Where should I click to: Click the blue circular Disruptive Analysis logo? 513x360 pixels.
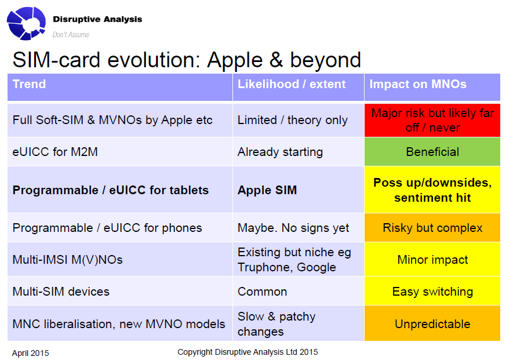click(x=26, y=23)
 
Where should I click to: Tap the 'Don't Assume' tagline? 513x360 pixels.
click(x=71, y=35)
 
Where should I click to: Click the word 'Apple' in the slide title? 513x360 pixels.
click(x=235, y=60)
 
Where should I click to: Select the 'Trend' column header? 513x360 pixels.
click(x=120, y=87)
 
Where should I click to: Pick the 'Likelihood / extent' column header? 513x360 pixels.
click(x=299, y=87)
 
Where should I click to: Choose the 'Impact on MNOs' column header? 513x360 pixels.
click(x=432, y=87)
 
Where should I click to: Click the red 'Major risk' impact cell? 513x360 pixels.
click(x=432, y=120)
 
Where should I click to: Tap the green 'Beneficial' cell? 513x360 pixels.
click(x=432, y=152)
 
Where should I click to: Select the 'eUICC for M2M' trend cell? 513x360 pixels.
click(x=120, y=152)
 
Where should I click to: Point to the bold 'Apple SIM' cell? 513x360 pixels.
click(x=299, y=190)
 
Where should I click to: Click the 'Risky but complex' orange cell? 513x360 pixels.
click(x=432, y=228)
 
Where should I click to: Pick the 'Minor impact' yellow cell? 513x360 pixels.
click(x=432, y=260)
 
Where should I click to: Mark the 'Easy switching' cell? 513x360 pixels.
click(x=432, y=291)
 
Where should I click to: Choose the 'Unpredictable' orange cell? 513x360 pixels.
click(x=432, y=323)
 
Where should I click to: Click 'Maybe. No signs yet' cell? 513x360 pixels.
click(x=299, y=228)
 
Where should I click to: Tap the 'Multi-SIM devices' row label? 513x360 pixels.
click(x=61, y=291)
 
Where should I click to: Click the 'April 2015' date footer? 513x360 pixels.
click(x=30, y=353)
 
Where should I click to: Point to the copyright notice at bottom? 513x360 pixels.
click(x=248, y=352)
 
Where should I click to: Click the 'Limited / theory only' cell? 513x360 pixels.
click(x=299, y=120)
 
